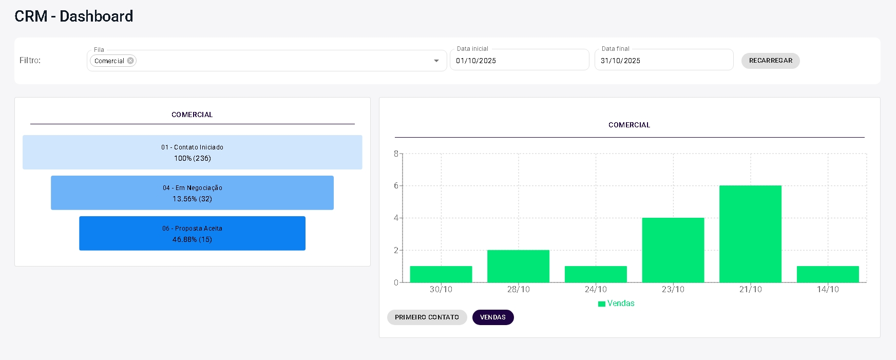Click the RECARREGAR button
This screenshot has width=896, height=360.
point(770,61)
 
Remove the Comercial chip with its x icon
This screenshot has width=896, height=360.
point(130,61)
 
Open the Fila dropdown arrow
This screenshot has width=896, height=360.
point(436,61)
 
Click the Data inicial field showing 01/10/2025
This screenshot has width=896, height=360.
point(519,61)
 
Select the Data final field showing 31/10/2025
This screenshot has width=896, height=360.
point(663,61)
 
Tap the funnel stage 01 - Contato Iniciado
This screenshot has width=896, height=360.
point(192,153)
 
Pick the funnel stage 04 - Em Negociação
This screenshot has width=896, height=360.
point(192,193)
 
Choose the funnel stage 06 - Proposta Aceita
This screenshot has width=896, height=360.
point(192,234)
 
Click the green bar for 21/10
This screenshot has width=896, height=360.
point(750,234)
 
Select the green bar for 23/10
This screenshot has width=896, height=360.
point(673,250)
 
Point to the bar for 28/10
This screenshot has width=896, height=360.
point(518,266)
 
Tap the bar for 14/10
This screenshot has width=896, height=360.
point(828,274)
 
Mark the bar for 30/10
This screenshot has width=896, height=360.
point(441,274)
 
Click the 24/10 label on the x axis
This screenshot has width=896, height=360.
point(596,290)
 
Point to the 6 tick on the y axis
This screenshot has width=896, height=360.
point(396,186)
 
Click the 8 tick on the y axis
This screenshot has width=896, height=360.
point(396,154)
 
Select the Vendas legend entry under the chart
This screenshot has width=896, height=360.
point(617,304)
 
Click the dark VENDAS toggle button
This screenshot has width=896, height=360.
point(492,317)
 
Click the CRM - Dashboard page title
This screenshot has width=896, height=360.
point(74,16)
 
